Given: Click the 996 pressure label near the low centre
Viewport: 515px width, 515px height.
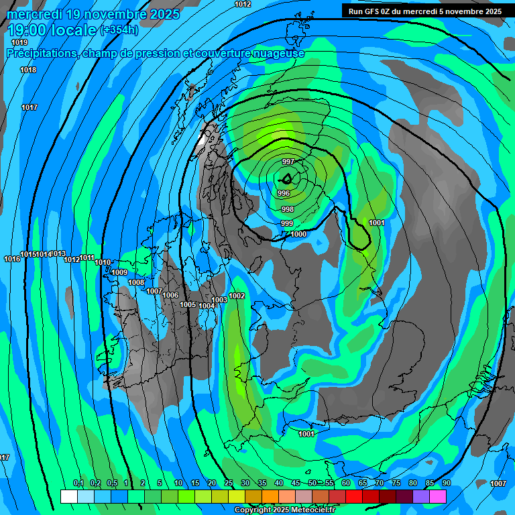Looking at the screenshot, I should [283, 193].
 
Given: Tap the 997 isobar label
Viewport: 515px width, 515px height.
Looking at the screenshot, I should [288, 162].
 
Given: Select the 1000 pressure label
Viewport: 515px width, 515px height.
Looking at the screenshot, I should [298, 234].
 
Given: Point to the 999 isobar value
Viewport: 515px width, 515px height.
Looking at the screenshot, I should [286, 223].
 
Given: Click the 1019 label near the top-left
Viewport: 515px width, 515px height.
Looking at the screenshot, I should [19, 43].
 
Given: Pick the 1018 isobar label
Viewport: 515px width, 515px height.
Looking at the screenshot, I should [28, 70].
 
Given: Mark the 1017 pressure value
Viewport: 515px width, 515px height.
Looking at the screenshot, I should [30, 108].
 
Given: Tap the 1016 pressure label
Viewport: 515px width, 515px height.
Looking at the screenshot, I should [12, 260].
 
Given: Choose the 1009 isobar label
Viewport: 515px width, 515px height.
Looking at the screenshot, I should [119, 272].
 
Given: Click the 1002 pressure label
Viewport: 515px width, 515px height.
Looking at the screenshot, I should [237, 296].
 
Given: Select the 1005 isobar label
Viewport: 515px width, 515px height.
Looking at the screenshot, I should [188, 304].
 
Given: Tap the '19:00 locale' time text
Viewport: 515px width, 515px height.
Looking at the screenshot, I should [52, 30].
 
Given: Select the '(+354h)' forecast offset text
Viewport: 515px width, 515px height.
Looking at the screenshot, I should [119, 30].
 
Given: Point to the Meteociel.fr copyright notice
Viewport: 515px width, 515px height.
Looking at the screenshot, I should [284, 510].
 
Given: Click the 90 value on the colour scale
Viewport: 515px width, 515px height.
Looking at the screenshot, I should [446, 483].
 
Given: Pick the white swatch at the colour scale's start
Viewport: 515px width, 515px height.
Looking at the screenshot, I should [68, 496].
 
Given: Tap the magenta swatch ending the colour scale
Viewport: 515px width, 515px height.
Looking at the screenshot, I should [438, 496].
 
